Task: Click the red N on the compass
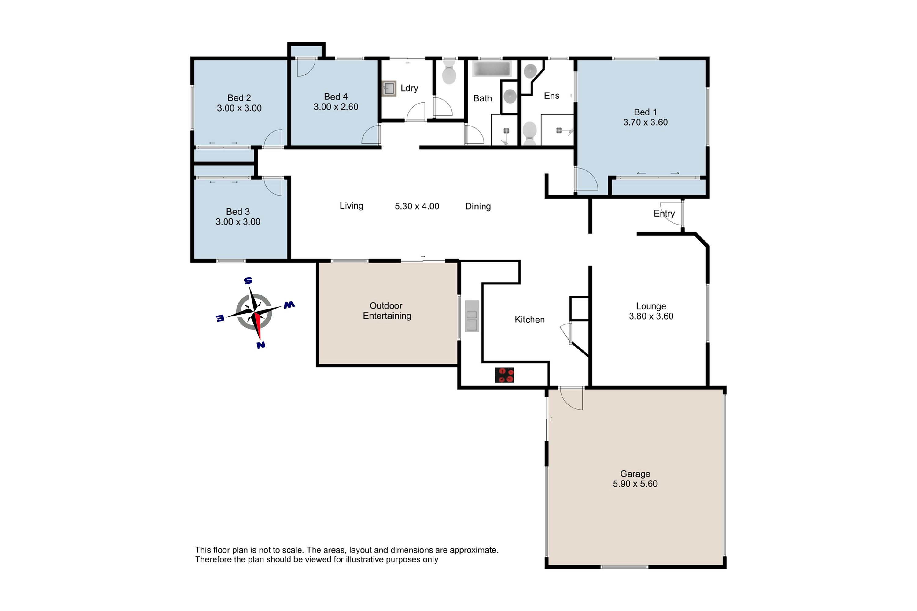point(261,345)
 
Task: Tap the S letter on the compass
point(248,280)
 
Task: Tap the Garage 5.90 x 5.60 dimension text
point(635,484)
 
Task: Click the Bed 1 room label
point(645,112)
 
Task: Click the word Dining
point(478,207)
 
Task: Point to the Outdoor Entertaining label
point(386,311)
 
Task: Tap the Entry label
point(664,214)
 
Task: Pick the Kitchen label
point(529,320)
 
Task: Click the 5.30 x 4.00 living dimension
point(417,206)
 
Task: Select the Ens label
point(551,96)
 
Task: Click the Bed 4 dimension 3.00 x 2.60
point(336,107)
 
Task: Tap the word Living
point(351,206)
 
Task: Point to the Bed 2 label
point(239,98)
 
